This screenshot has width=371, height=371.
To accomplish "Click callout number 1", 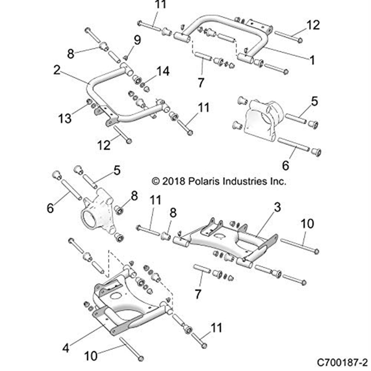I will pyautogui.click(x=312, y=60).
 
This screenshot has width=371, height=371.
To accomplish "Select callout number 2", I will pyautogui.click(x=57, y=70).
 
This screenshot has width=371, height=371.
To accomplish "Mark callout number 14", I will pyautogui.click(x=164, y=71).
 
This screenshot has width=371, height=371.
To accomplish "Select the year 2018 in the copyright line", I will pyautogui.click(x=176, y=181).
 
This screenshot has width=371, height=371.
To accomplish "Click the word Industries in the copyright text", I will pyautogui.click(x=250, y=181).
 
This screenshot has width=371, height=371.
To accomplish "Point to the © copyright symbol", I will pyautogui.click(x=156, y=181).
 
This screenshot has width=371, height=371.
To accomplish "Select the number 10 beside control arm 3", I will pyautogui.click(x=307, y=224).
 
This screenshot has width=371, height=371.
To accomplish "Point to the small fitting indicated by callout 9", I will pyautogui.click(x=126, y=57).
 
